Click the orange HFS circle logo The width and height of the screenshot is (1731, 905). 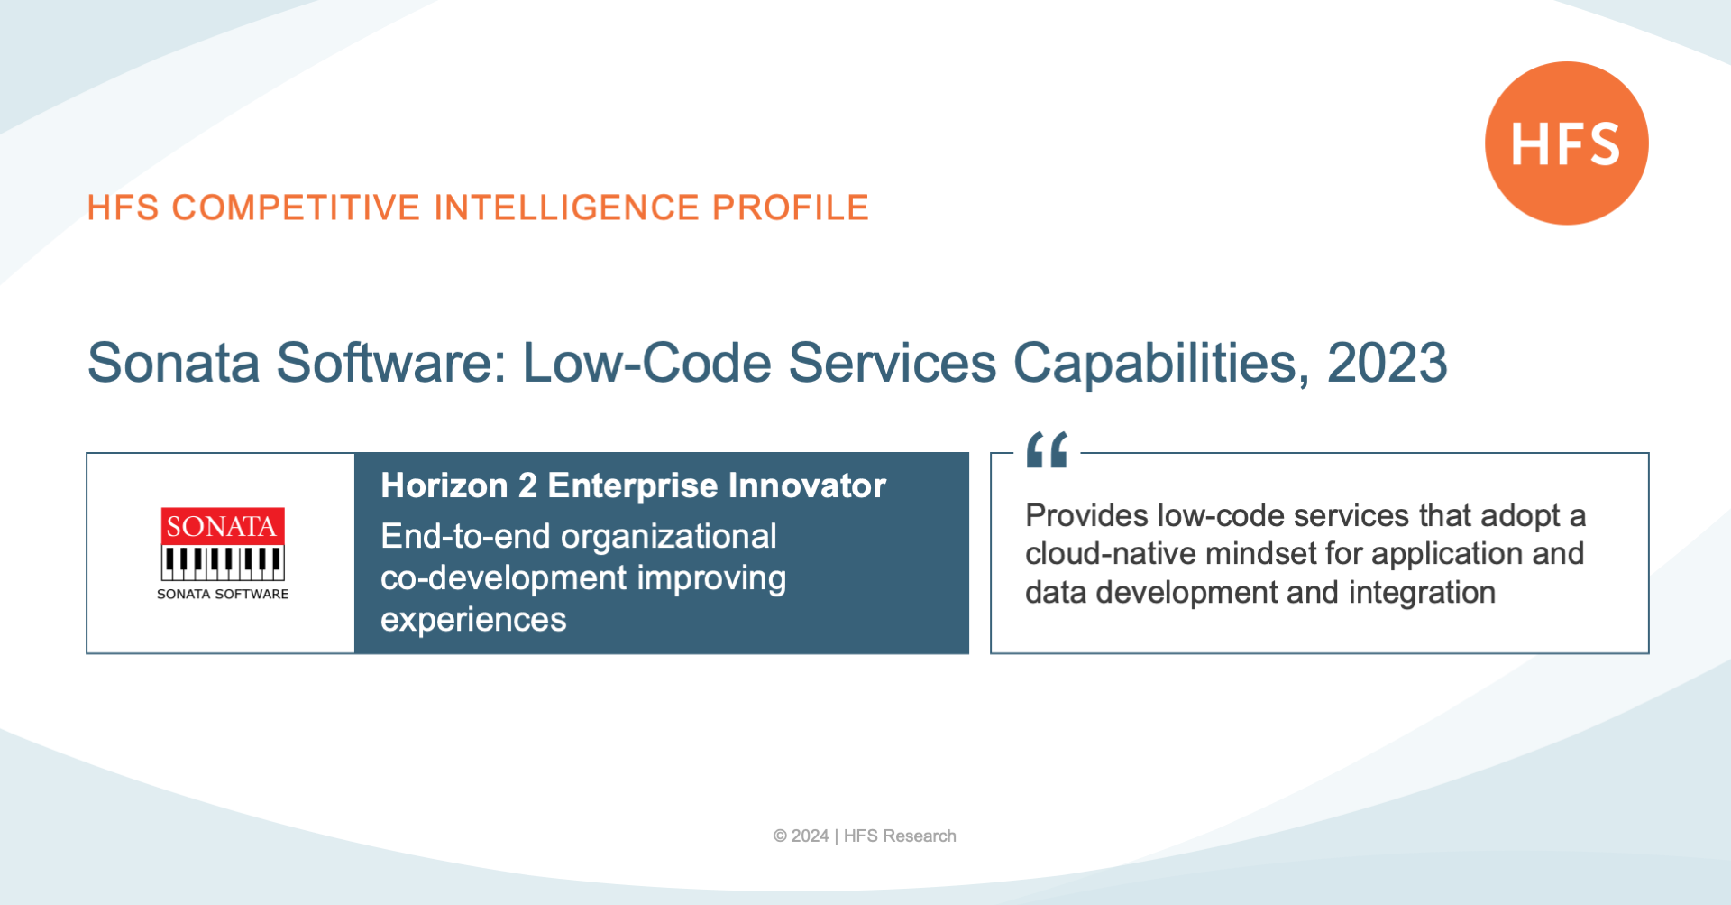point(1566,143)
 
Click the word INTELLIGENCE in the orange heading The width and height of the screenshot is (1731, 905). point(567,208)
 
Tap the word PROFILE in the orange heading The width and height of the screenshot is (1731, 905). point(791,208)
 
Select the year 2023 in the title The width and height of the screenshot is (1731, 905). point(1387,363)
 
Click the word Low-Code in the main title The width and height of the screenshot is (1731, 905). point(646,363)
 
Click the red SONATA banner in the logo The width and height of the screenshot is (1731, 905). point(223,526)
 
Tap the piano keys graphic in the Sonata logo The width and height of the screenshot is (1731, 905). point(223,562)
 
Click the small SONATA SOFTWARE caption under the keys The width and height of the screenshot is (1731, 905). point(223,594)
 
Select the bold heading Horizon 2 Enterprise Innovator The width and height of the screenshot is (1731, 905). point(633,485)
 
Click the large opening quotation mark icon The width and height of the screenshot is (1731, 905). point(1047,449)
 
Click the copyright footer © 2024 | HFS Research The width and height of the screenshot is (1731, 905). point(865,836)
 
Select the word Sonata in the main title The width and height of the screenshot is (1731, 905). point(173,363)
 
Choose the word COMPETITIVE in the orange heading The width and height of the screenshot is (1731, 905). point(297,208)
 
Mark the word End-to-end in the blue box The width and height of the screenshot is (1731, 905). point(465,537)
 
